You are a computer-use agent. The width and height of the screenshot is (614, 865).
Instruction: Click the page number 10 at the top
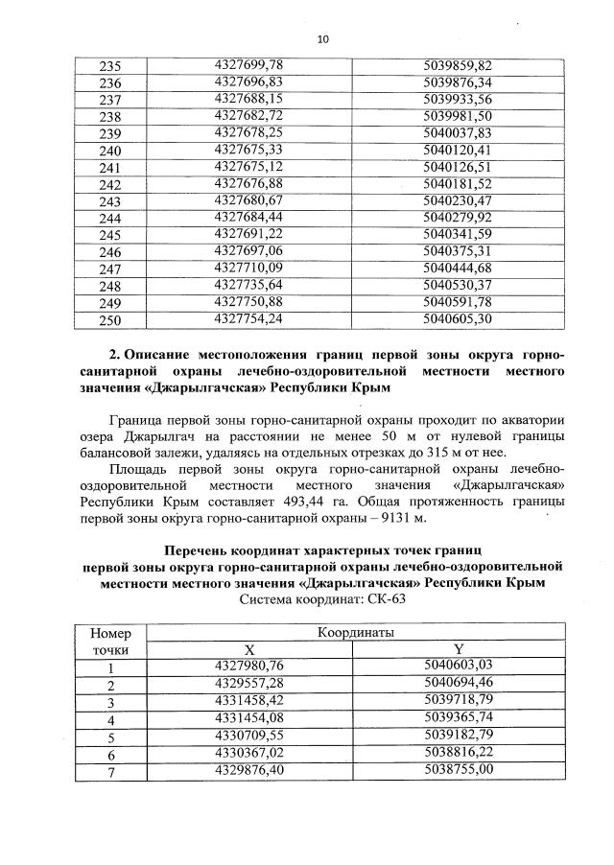(x=322, y=38)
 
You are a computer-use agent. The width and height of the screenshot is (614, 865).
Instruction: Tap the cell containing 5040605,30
(x=457, y=319)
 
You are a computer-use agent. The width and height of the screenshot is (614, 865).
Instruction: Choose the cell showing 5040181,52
(x=457, y=183)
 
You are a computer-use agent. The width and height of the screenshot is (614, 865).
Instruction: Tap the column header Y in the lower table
(x=458, y=649)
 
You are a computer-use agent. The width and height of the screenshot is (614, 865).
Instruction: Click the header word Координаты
(x=354, y=632)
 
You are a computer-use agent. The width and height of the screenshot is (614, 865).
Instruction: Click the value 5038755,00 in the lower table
(x=457, y=770)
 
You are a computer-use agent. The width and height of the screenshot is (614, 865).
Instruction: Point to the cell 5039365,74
(x=457, y=718)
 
